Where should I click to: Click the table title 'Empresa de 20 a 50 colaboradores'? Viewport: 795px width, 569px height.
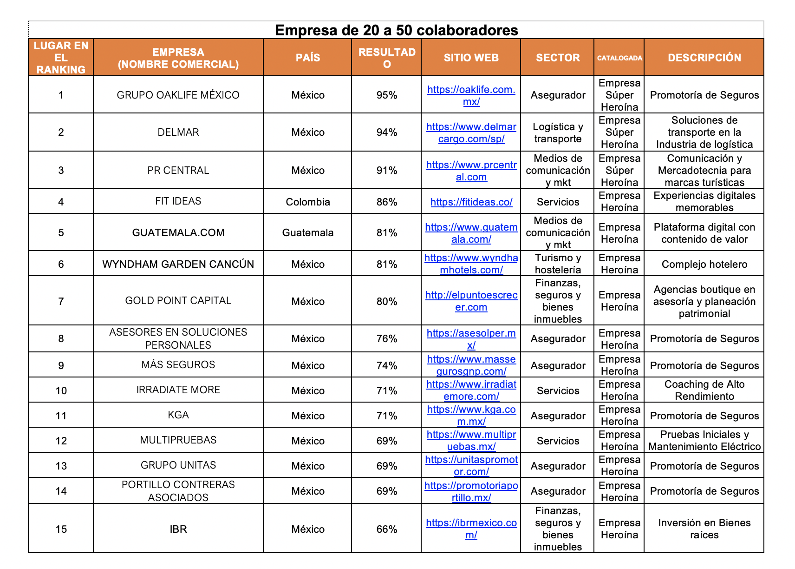coord(396,30)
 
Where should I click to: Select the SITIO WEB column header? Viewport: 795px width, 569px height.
coord(471,58)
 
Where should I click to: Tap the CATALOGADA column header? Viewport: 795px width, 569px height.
coord(619,58)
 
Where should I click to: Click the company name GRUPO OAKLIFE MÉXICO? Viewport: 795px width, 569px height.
coord(178,95)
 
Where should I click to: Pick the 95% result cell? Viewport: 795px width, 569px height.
coord(386,95)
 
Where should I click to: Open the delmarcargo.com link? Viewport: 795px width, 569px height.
coord(471,132)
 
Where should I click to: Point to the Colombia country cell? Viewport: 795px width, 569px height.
coord(307,202)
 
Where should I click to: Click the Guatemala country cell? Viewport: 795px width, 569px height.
coord(307,232)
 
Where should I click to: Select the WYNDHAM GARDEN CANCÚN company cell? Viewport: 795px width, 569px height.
coord(178,264)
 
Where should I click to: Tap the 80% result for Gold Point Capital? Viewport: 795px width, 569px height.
coord(386,301)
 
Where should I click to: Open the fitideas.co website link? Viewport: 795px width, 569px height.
coord(471,202)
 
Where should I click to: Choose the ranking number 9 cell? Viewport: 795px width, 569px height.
coord(61,365)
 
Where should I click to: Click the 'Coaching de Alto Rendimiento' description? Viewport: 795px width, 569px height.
coord(704,390)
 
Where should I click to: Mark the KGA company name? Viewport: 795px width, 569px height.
coord(178,415)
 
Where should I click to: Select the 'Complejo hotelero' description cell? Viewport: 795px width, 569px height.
coord(704,264)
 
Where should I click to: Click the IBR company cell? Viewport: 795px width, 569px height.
coord(178,529)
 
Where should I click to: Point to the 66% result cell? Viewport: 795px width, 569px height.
coord(386,529)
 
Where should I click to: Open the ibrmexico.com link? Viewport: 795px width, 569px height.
coord(471,529)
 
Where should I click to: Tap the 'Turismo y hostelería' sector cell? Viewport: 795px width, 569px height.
coord(558,264)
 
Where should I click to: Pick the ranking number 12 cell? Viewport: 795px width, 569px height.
coord(61,441)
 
